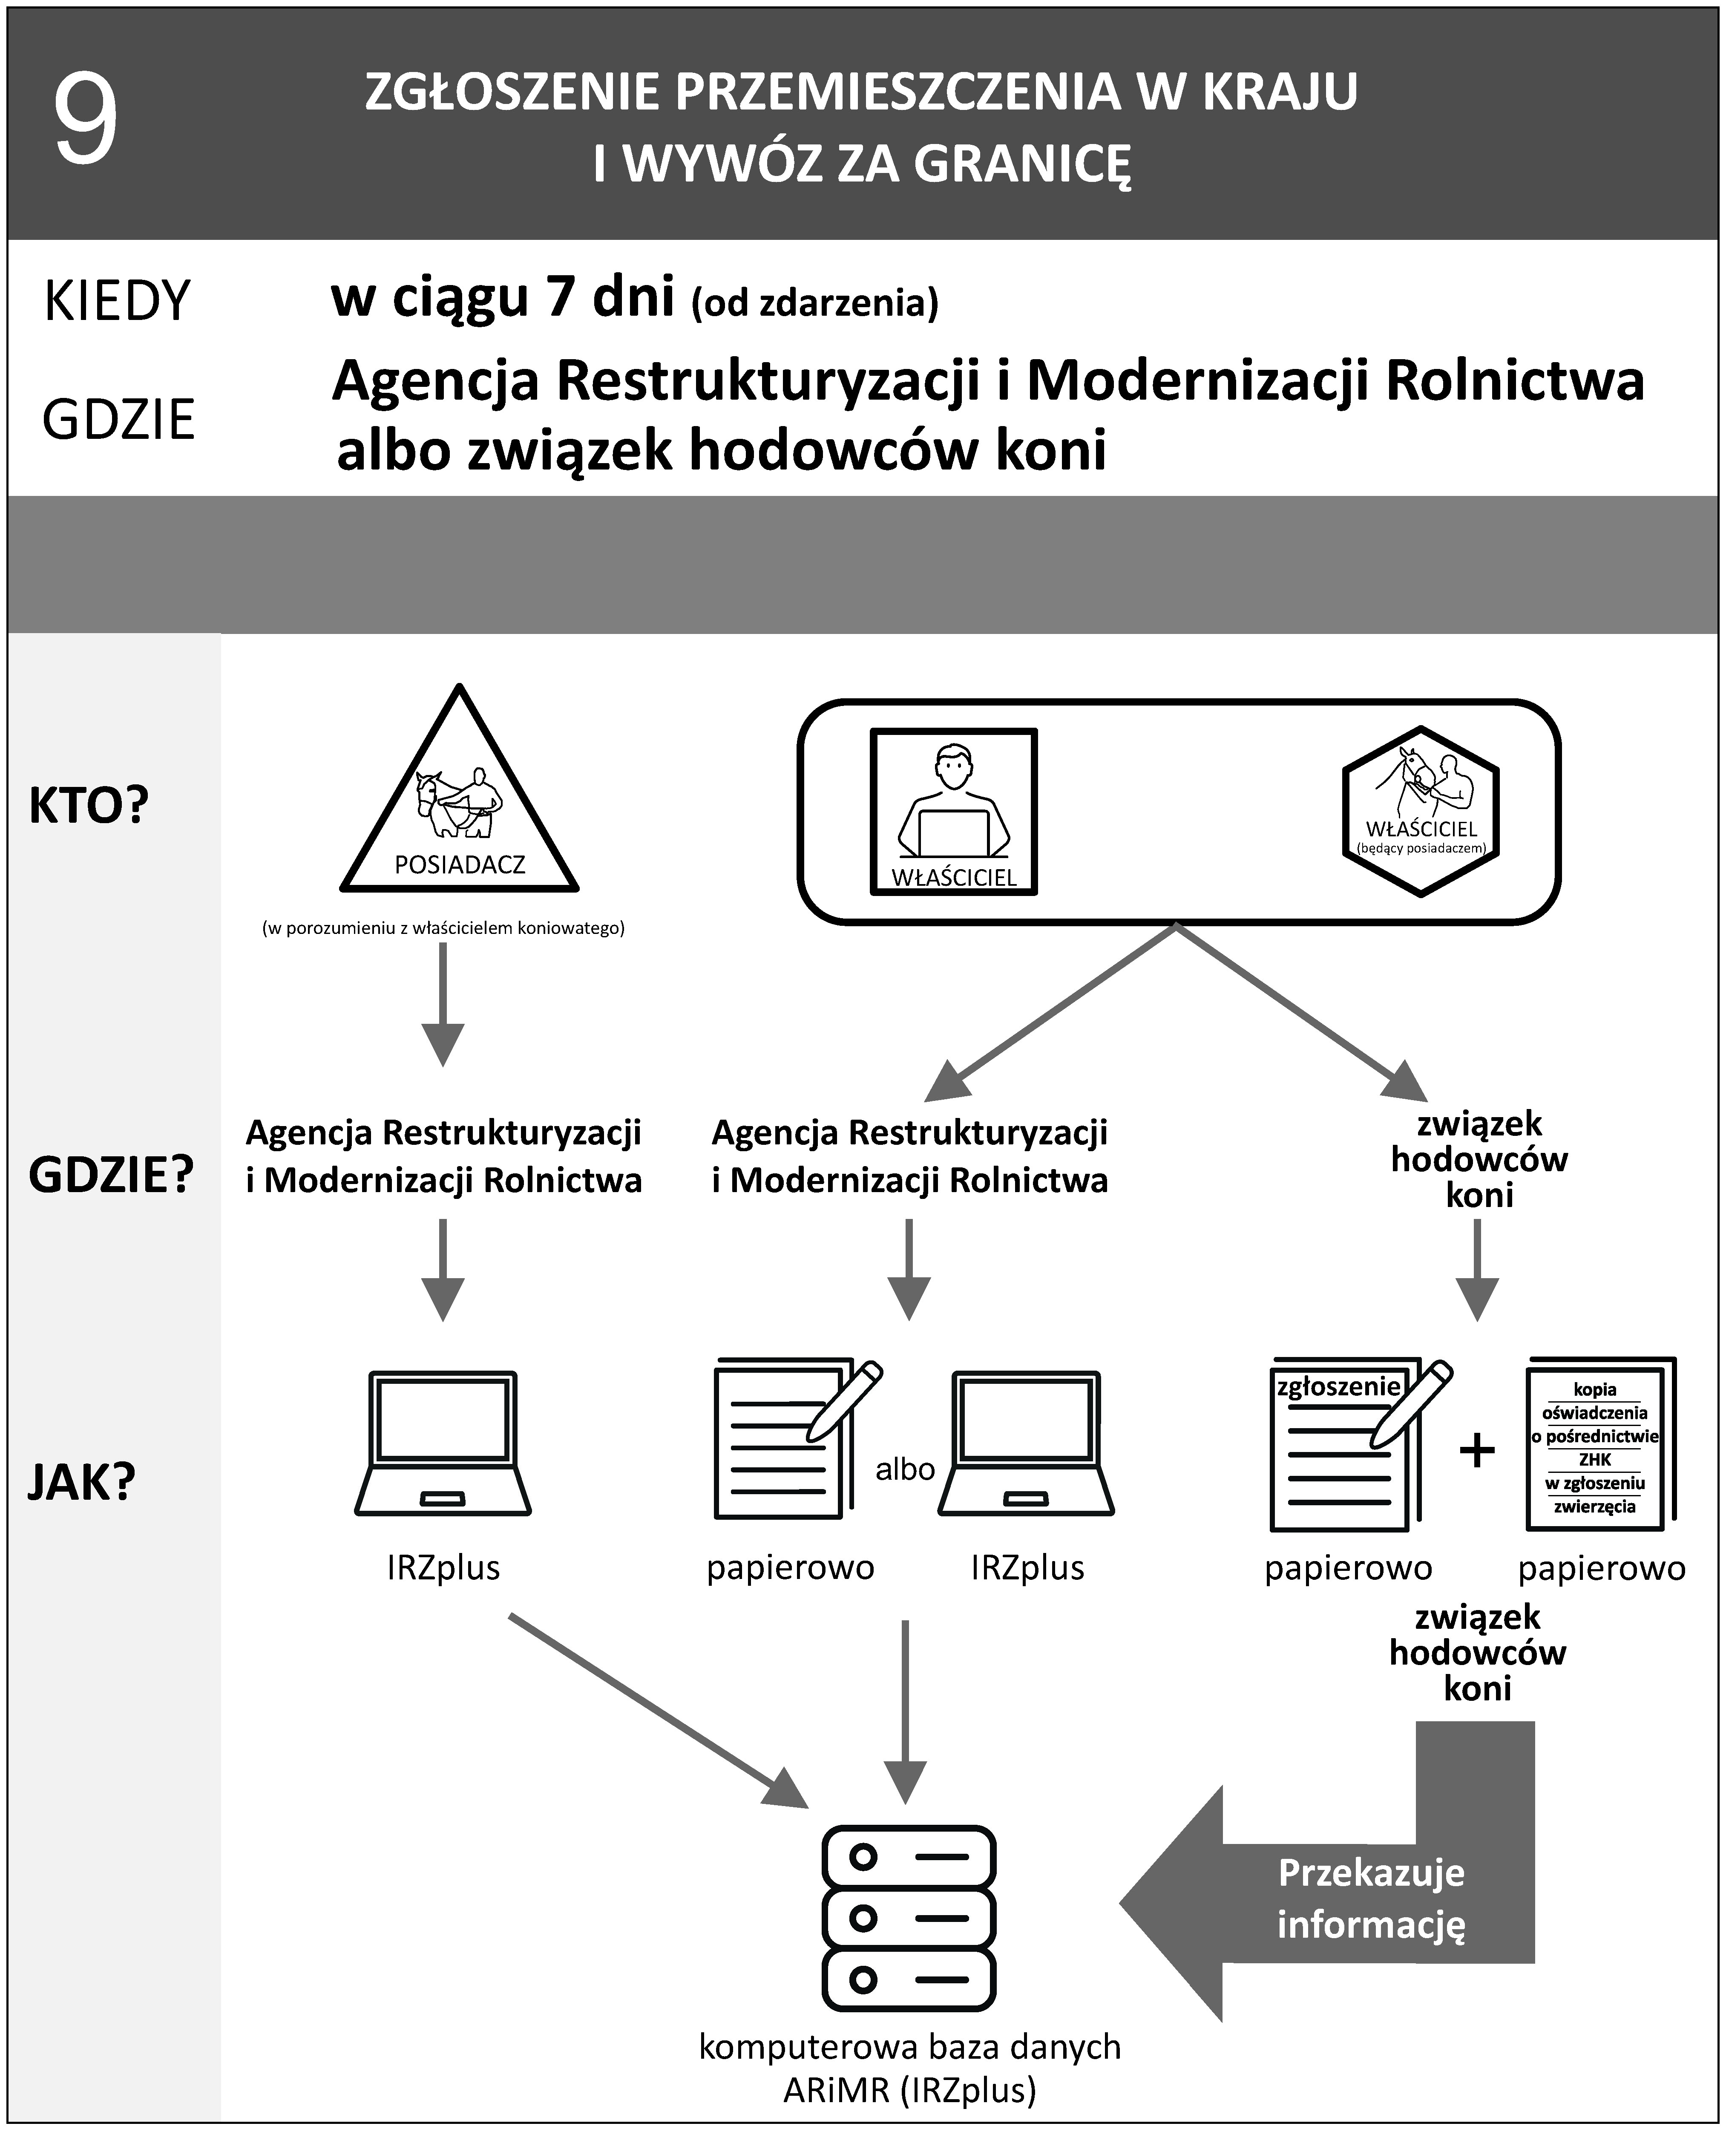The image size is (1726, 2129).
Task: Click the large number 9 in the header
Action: (86, 121)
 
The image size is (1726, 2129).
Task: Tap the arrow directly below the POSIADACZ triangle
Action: (443, 1004)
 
